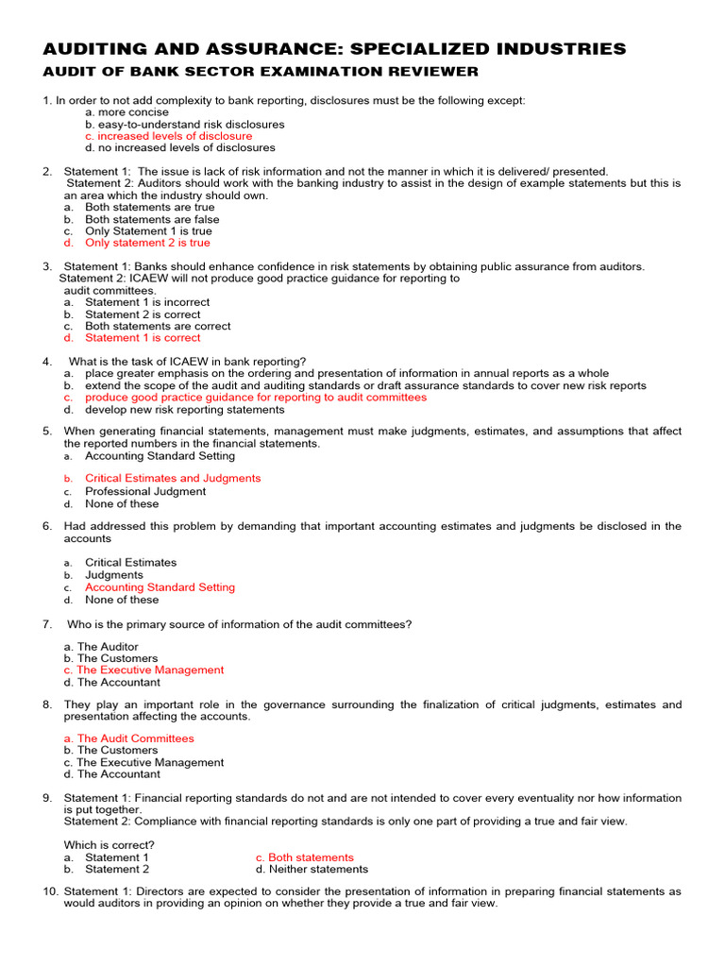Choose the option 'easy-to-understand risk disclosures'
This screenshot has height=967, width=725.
pyautogui.click(x=184, y=124)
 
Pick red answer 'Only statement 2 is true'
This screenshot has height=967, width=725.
pyautogui.click(x=147, y=243)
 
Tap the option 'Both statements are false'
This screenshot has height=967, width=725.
pyautogui.click(x=152, y=219)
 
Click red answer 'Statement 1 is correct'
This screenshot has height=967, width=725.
pyautogui.click(x=143, y=337)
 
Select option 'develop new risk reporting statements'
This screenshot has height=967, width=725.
pyautogui.click(x=184, y=410)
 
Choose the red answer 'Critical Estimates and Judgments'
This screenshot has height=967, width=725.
pyautogui.click(x=173, y=478)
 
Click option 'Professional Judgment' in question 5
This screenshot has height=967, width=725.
pyautogui.click(x=144, y=491)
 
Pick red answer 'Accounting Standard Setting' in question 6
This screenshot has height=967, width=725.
pyautogui.click(x=160, y=586)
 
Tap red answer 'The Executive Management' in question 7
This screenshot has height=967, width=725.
pyautogui.click(x=150, y=670)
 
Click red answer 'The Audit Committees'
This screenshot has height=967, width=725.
pyautogui.click(x=135, y=738)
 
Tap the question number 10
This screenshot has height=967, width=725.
pyautogui.click(x=51, y=891)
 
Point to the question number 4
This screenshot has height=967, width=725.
pyautogui.click(x=47, y=362)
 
